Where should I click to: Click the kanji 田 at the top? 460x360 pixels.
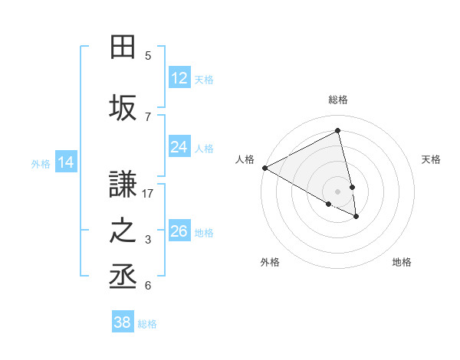click(123, 47)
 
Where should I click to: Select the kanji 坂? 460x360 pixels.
click(123, 108)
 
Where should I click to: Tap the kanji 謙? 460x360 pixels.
click(123, 185)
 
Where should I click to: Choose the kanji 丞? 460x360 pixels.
click(123, 277)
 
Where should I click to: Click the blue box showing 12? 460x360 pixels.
click(179, 78)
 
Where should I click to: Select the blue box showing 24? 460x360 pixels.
click(179, 147)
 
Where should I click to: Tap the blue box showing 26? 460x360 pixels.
click(179, 231)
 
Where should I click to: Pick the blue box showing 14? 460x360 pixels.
click(65, 162)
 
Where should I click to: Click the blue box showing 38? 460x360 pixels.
click(123, 322)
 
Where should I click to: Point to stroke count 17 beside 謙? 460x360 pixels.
click(148, 194)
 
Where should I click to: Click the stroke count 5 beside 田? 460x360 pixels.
click(148, 56)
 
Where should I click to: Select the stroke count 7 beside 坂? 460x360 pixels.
click(148, 116)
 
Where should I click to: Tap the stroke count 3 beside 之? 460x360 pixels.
click(148, 240)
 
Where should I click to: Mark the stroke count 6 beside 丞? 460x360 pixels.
click(148, 286)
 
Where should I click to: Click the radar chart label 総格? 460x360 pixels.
click(338, 100)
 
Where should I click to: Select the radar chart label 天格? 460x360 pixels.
click(432, 159)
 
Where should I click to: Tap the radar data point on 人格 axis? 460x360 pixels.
click(264, 168)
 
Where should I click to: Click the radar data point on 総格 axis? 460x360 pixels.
click(338, 130)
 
